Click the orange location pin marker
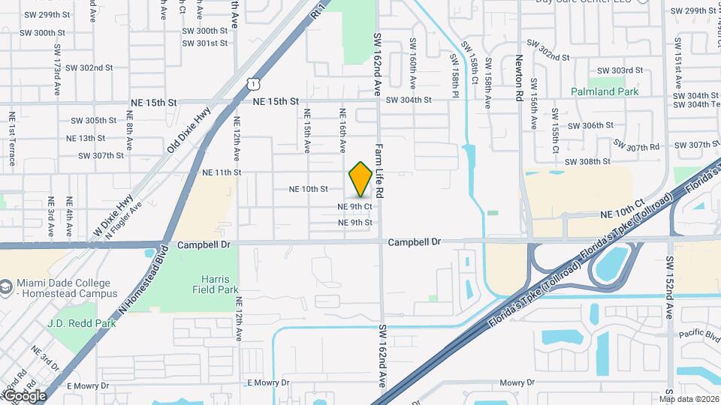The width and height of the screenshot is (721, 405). click(x=360, y=179)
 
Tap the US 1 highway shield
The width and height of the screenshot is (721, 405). click(x=255, y=79)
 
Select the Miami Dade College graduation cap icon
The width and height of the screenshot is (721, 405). click(x=7, y=287)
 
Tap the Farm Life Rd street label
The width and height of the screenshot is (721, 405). click(x=379, y=170)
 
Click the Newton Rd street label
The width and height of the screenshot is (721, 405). click(x=519, y=77)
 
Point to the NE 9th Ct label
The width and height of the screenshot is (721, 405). click(x=354, y=206)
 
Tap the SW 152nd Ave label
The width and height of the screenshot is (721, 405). click(x=668, y=286)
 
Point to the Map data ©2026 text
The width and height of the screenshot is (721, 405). click(x=689, y=398)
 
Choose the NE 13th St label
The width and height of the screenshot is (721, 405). click(x=86, y=138)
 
